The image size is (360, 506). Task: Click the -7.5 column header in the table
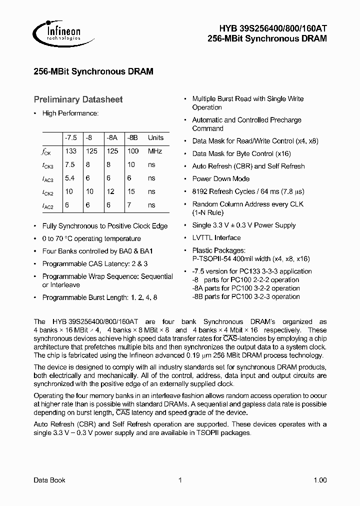(x=70, y=138)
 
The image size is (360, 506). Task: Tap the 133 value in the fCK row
(x=70, y=151)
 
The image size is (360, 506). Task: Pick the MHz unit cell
(x=155, y=151)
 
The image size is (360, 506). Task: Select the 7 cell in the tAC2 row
(x=129, y=205)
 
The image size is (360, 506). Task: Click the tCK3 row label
(x=48, y=165)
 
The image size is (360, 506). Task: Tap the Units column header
(x=155, y=138)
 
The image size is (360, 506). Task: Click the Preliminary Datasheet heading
(x=77, y=100)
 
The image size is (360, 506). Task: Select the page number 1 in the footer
(x=179, y=480)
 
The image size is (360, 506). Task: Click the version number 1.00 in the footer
(x=320, y=480)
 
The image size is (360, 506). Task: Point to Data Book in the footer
(x=49, y=480)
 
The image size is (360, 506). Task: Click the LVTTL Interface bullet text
(x=216, y=238)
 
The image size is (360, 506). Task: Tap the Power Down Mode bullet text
(x=220, y=179)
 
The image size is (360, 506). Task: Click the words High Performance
(x=70, y=113)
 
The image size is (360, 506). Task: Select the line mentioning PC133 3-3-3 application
(x=252, y=271)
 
